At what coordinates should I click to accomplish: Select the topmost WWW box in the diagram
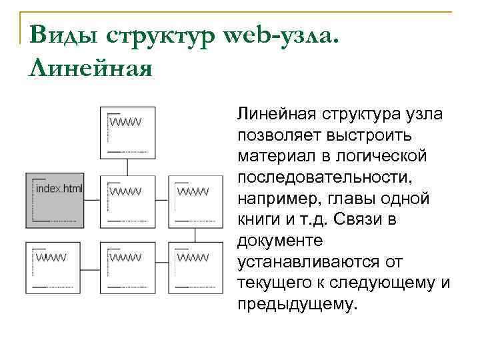click(x=127, y=132)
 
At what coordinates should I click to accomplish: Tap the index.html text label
click(x=59, y=189)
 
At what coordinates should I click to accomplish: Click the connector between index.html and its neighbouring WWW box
click(x=93, y=199)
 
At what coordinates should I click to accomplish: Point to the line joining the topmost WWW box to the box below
click(x=127, y=166)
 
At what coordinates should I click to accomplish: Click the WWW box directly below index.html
click(x=53, y=267)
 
